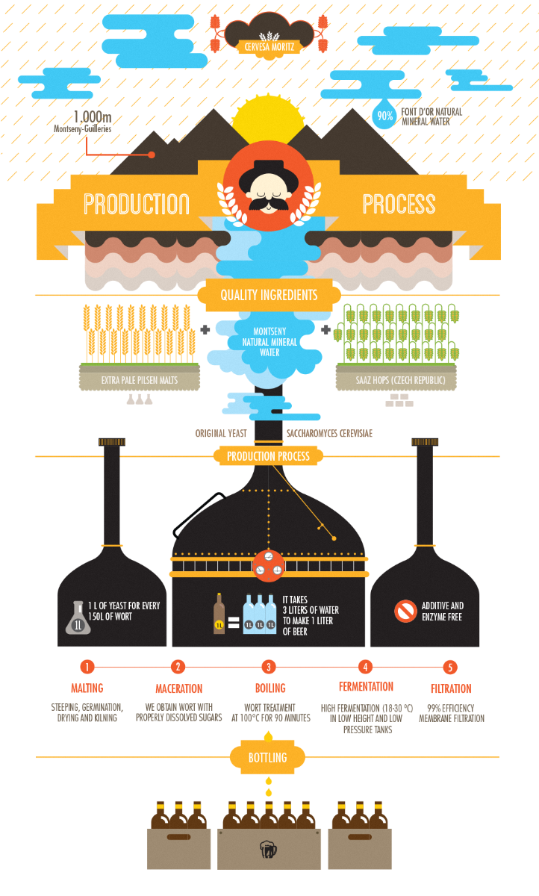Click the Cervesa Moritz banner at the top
269,47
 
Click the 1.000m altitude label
93,116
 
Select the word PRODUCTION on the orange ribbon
137,204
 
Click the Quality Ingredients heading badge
269,295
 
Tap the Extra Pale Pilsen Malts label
140,380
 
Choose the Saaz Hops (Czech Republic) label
400,380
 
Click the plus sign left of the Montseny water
205,329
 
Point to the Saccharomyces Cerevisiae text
329,433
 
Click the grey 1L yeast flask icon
78,617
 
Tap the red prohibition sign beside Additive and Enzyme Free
405,612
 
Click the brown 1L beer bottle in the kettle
219,613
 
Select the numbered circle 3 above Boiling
269,667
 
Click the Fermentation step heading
367,686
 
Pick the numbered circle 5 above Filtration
450,668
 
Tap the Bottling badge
267,757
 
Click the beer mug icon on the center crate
268,849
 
